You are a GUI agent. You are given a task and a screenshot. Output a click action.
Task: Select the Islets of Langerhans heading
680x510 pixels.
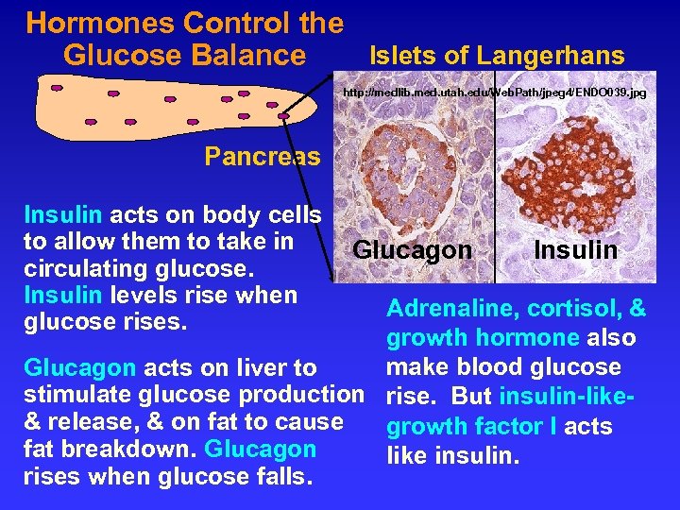point(496,56)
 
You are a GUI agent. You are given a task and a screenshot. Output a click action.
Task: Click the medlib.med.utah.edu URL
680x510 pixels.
point(494,93)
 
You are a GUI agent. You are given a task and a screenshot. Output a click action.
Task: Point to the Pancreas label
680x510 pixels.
point(263,156)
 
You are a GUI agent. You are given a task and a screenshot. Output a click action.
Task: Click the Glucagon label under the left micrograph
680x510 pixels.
point(412,250)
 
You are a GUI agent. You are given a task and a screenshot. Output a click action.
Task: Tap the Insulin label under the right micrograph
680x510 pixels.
point(575,250)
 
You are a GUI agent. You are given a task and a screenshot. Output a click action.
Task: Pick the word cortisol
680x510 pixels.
point(576,309)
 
